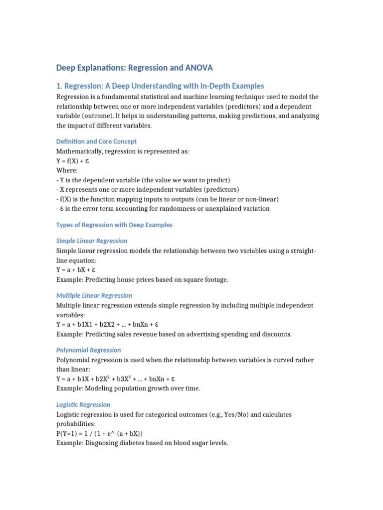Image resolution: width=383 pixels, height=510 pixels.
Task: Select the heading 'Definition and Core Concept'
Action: [x=96, y=141]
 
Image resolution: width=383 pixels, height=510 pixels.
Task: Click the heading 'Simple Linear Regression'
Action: [x=92, y=241]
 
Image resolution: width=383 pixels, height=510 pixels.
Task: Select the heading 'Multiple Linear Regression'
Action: [x=94, y=295]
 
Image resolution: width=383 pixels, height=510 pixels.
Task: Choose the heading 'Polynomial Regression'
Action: [x=88, y=350]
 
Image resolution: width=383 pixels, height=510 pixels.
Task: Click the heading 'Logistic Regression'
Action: [x=83, y=404]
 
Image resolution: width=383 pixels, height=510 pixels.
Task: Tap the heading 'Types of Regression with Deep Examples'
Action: [x=114, y=225]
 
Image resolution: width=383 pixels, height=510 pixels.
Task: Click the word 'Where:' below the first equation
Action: [x=67, y=170]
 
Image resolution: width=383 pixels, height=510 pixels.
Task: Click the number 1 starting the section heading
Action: [x=58, y=86]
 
